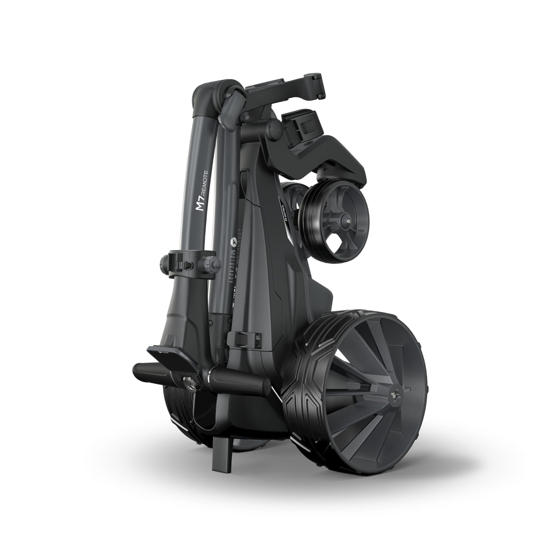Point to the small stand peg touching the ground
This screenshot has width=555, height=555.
222,437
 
